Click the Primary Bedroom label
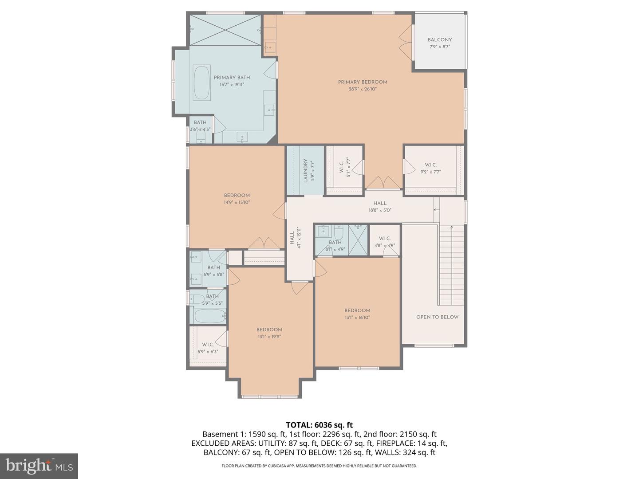[x=363, y=82]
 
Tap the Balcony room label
[x=439, y=40]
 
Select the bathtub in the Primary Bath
[x=202, y=83]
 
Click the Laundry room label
[x=305, y=171]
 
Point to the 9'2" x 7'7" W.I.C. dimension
[x=430, y=172]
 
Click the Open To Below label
[x=437, y=317]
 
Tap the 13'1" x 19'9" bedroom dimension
[x=269, y=337]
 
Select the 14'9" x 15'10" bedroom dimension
[x=237, y=202]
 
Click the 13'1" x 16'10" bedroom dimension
[x=357, y=318]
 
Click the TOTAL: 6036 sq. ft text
[x=319, y=425]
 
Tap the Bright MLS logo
[x=39, y=466]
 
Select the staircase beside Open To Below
[x=452, y=266]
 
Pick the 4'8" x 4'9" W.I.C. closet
[x=384, y=242]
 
